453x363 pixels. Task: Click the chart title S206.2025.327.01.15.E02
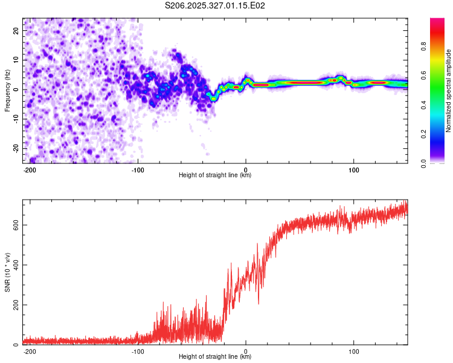pos(216,5)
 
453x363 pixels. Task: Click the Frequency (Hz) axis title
pos(7,90)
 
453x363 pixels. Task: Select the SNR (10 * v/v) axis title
pos(7,272)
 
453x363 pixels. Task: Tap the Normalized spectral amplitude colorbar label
pos(448,91)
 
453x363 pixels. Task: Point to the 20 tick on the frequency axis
pos(17,30)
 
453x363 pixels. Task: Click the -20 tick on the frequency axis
pos(16,149)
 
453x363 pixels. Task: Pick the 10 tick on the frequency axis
pos(17,60)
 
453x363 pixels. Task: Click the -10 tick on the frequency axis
pos(16,119)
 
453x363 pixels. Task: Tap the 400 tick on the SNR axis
pos(15,264)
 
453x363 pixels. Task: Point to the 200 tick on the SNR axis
pos(15,305)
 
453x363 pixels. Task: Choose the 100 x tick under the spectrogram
pos(353,169)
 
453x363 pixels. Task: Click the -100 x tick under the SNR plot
pos(138,351)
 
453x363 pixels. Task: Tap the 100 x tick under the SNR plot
pos(353,351)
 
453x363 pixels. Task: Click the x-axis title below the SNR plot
pos(215,358)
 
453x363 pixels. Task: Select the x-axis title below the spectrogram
pos(215,175)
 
